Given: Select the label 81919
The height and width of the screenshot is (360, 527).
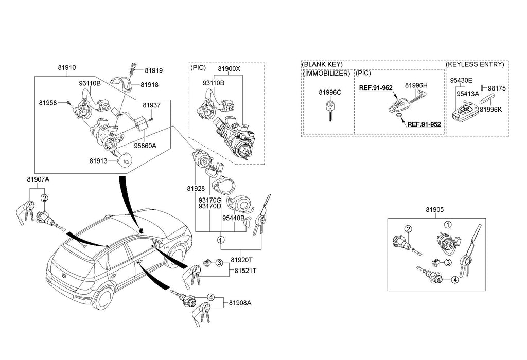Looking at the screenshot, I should [153, 71].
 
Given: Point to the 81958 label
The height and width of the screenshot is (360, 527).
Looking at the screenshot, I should [47, 103].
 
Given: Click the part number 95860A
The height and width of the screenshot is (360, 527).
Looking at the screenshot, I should [145, 146].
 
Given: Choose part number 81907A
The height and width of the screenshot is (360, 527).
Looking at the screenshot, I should [38, 179].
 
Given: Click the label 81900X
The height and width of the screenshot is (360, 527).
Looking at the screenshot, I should [229, 68].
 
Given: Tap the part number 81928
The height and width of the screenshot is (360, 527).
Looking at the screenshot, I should [196, 189].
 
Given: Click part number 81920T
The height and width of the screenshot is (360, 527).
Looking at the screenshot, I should [242, 260].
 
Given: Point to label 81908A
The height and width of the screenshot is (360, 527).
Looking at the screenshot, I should [239, 303].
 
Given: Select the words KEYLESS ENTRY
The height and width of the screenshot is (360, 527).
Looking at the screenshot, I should [476, 64].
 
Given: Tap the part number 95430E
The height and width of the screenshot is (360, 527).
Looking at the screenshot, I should [461, 81].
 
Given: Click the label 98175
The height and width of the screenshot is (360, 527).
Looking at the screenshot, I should [497, 88].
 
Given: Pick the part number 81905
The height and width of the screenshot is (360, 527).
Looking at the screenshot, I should [434, 210].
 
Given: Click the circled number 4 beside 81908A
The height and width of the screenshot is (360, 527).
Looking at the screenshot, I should [210, 297].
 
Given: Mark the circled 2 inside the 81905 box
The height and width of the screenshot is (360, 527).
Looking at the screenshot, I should [408, 229].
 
